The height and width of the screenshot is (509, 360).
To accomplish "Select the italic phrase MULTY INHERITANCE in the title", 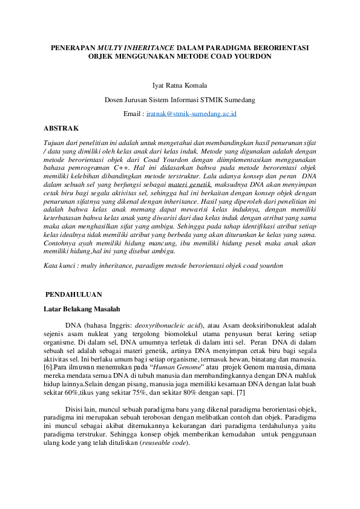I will click(x=136, y=47).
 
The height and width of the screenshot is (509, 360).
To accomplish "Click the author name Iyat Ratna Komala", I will click(x=180, y=86).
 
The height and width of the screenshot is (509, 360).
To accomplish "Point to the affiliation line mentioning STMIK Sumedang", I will click(x=180, y=100).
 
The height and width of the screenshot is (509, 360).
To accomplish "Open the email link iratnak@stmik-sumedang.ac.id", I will click(x=191, y=114).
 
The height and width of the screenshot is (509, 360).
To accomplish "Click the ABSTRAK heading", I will click(x=61, y=128).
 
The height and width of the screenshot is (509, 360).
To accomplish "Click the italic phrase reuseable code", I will click(x=164, y=442).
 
